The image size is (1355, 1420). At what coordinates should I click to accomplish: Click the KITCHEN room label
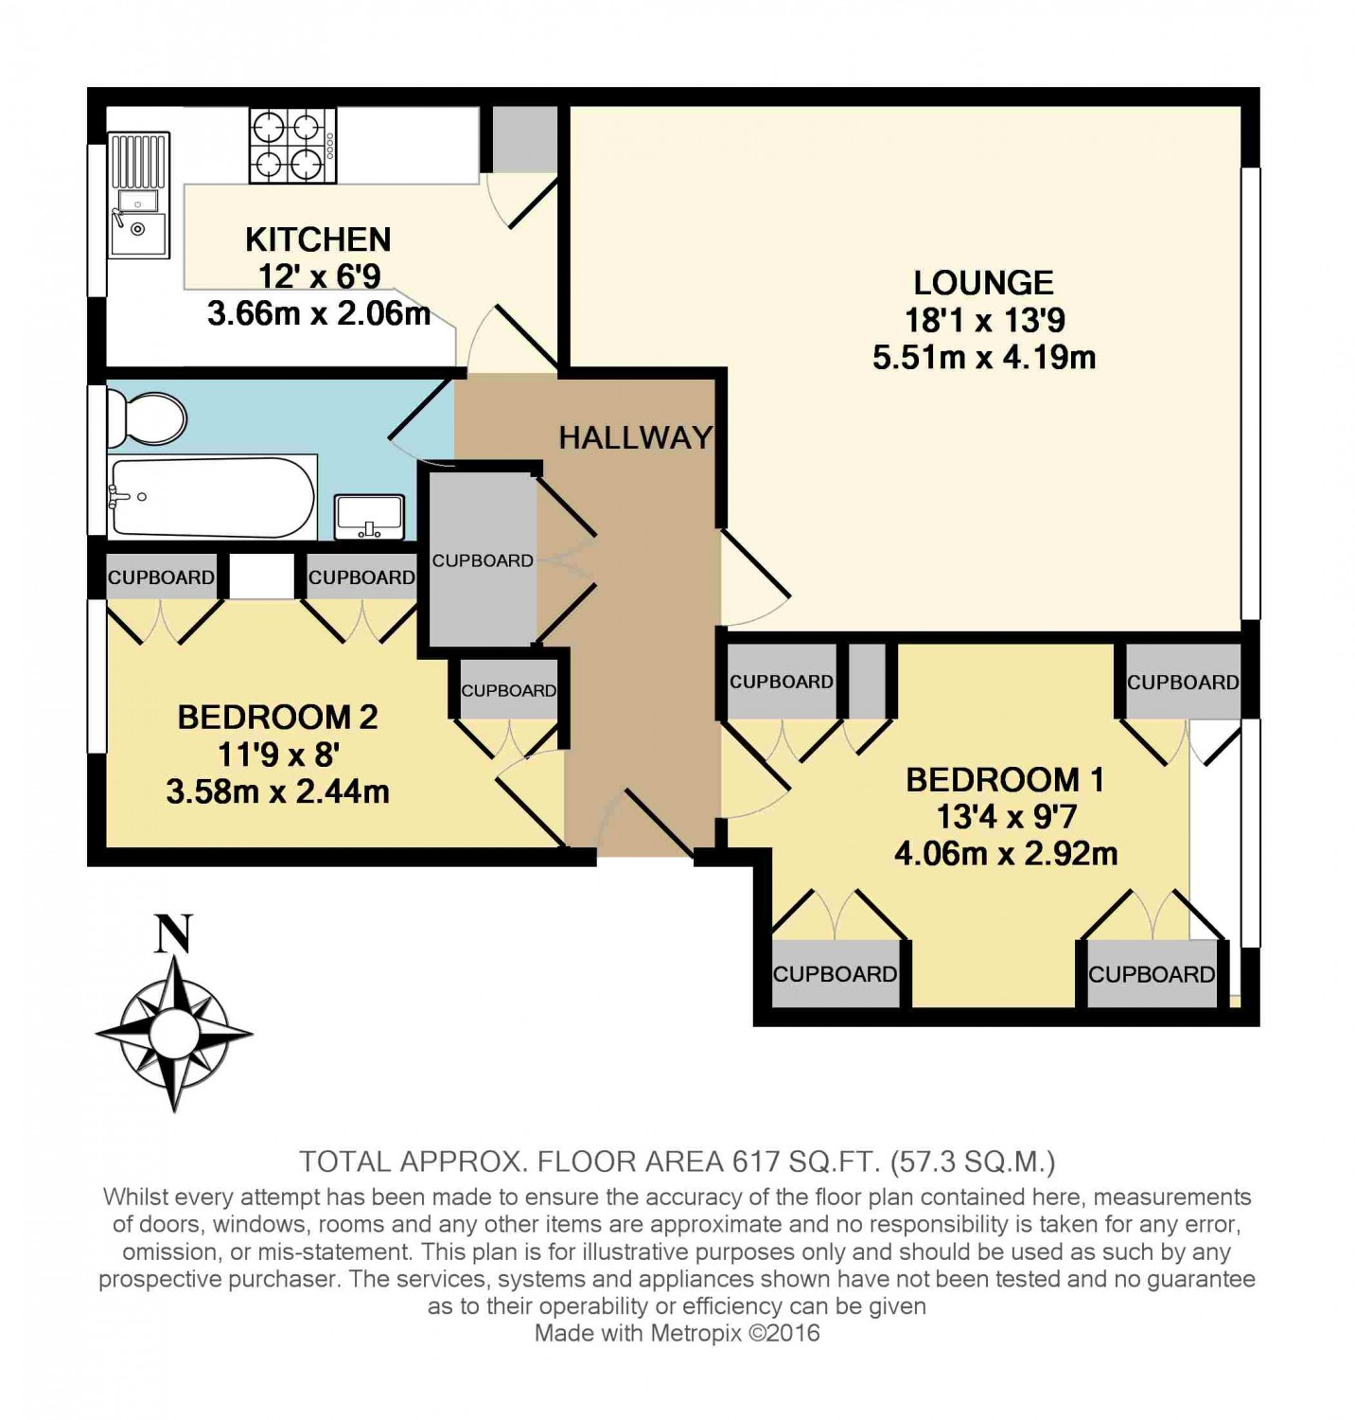[x=318, y=240]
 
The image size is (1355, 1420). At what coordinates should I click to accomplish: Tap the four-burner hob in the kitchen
[x=292, y=146]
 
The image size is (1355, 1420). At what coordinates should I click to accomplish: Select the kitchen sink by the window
[x=138, y=195]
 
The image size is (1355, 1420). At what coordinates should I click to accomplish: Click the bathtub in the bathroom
[x=212, y=498]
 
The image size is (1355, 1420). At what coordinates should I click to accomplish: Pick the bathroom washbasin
[x=370, y=517]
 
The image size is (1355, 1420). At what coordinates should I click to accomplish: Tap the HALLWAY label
[x=635, y=437]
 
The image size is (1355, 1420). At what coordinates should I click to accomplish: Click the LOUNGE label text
[x=983, y=283]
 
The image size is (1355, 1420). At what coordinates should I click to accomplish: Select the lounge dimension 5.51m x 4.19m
[x=984, y=358]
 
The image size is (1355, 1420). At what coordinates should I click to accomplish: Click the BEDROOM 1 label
[x=1005, y=780]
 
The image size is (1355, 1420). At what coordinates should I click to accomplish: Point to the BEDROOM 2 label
[x=277, y=718]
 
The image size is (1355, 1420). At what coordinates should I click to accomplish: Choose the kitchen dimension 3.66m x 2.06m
[x=319, y=313]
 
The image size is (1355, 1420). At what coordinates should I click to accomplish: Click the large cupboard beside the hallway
[x=483, y=559]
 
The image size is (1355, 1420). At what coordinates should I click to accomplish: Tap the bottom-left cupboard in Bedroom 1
[x=836, y=973]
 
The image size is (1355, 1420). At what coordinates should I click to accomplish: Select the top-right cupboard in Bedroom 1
[x=1183, y=682]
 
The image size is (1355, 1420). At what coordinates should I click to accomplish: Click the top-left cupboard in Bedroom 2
[x=161, y=577]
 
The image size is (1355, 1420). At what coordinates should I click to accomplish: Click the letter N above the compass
[x=174, y=933]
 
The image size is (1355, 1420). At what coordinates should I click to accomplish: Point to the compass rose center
[x=174, y=1033]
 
